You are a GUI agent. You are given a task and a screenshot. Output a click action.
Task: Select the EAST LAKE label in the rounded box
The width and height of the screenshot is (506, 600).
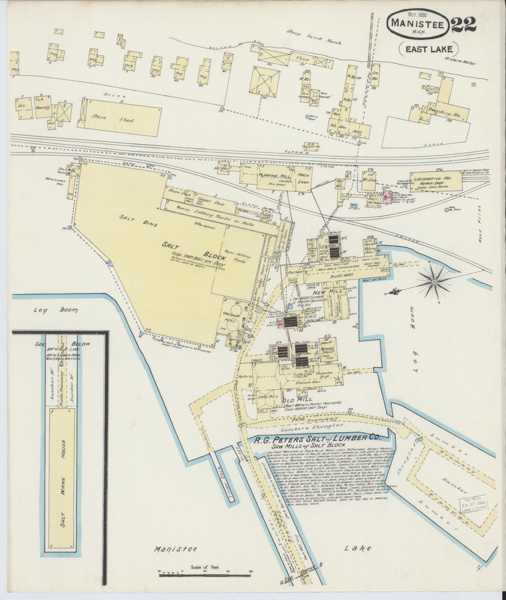429,49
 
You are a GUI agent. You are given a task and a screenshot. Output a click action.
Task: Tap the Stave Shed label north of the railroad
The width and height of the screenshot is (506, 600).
113,119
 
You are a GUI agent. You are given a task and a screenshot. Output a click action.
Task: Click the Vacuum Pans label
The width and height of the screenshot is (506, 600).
231,316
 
